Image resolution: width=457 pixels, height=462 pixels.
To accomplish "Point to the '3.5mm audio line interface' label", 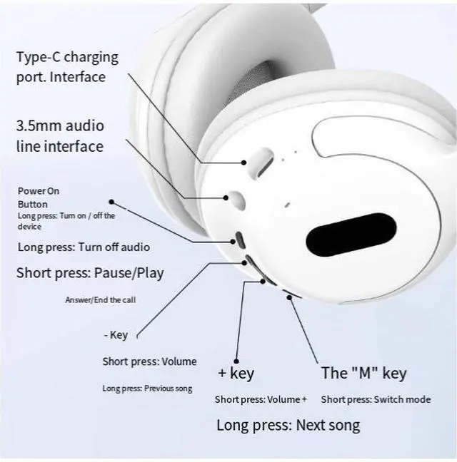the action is coord(60,135).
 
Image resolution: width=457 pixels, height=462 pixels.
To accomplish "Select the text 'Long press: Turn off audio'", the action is coord(84,247).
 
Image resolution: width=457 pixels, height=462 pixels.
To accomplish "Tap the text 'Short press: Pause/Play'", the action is coord(90,272).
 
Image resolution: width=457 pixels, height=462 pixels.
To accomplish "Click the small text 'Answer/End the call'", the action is coord(100,300).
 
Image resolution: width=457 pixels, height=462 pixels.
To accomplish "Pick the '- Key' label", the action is coord(116,335).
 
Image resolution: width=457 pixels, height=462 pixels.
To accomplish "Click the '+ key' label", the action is coord(235,373).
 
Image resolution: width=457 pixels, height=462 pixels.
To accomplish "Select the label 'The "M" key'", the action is coord(363,373).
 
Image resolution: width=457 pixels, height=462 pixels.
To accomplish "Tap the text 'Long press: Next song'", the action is coord(288,426).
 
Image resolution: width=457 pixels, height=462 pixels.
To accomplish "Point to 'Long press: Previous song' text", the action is coord(147,389).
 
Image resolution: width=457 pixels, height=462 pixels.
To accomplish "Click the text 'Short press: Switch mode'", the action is coord(376,399).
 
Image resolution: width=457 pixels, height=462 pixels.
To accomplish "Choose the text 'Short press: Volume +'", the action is coord(261,399).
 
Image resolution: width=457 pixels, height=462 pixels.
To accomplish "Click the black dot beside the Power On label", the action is coord(111,202).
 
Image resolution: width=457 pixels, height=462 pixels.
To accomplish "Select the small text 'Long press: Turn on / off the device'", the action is coord(66,220).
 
